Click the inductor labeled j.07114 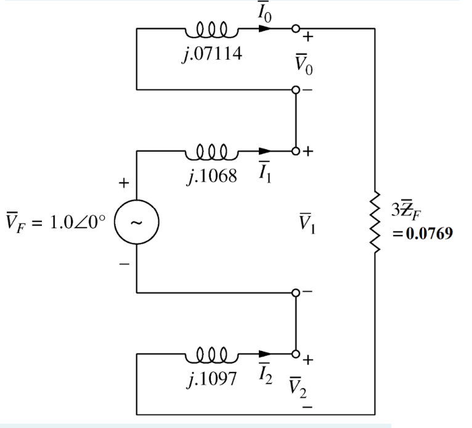[211, 28]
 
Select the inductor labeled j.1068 [211, 150]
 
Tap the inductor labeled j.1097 [211, 354]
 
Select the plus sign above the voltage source [124, 183]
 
